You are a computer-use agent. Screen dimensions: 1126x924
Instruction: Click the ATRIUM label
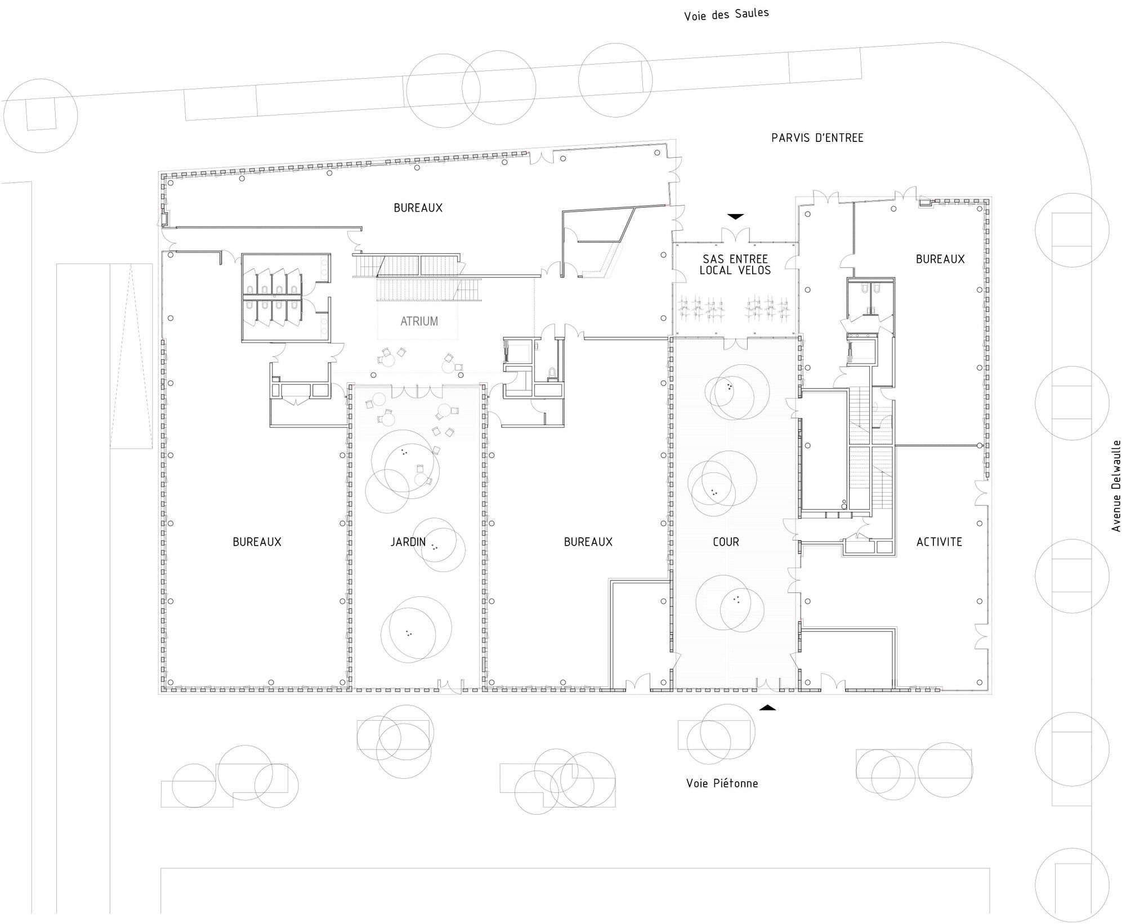419,322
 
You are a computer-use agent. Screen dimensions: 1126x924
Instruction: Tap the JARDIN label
408,542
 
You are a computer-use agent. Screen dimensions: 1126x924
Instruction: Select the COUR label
726,542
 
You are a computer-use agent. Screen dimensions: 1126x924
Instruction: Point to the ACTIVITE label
939,542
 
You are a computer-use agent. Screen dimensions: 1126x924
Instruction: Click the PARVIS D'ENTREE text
817,138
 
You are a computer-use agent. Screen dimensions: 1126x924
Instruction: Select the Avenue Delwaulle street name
1116,485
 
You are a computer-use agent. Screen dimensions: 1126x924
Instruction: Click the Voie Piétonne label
722,783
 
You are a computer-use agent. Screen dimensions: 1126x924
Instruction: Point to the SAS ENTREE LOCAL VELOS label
735,265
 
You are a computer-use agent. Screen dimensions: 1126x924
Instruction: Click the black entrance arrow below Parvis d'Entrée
735,216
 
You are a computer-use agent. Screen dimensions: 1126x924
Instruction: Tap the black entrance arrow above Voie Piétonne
767,707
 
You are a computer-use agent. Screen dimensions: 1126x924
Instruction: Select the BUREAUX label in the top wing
418,208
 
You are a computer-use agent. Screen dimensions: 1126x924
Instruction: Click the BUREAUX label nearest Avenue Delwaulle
940,259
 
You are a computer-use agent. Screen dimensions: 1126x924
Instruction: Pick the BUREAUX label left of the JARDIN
257,542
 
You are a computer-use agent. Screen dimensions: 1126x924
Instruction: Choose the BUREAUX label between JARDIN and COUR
588,542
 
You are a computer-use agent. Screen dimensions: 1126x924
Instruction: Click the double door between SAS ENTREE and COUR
735,343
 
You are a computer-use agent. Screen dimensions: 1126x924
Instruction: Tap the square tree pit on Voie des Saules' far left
41,115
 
